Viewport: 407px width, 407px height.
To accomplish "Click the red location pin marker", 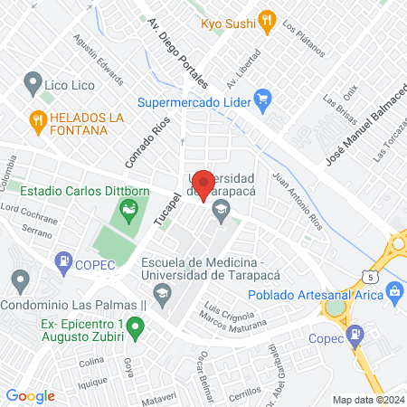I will coord(204,184).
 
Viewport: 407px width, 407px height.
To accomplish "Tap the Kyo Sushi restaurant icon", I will coord(266,21).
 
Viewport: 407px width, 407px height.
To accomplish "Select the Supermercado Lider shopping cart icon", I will coord(263,98).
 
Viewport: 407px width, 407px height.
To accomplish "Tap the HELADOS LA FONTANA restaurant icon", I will coord(37,118).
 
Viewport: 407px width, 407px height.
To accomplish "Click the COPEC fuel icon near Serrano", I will coord(63,263).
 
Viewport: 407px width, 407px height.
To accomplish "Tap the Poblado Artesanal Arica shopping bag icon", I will coord(393,291).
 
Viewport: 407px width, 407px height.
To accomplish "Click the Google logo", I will coord(31,395).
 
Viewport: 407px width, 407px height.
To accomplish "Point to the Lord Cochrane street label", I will coord(29,214).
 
